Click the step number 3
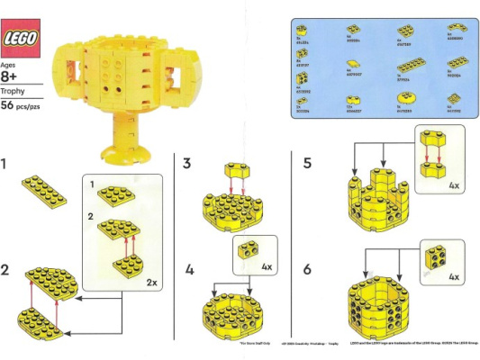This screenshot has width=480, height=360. [x=187, y=164]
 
